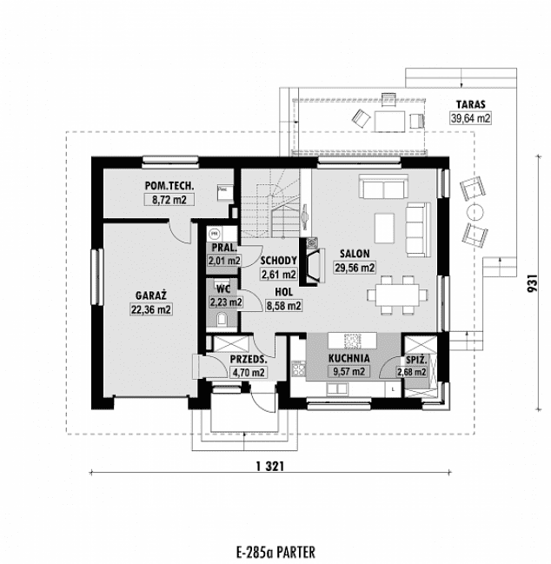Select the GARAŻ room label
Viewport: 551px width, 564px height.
(150, 295)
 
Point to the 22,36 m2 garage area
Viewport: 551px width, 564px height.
(150, 309)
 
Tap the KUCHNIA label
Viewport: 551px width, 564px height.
(349, 357)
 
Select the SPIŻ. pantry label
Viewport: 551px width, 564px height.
(412, 358)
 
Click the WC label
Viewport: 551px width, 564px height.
(222, 289)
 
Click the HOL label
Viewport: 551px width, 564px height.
(283, 292)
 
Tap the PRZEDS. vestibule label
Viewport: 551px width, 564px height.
(248, 358)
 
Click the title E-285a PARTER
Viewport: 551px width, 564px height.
(275, 551)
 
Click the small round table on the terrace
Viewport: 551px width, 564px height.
(475, 212)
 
